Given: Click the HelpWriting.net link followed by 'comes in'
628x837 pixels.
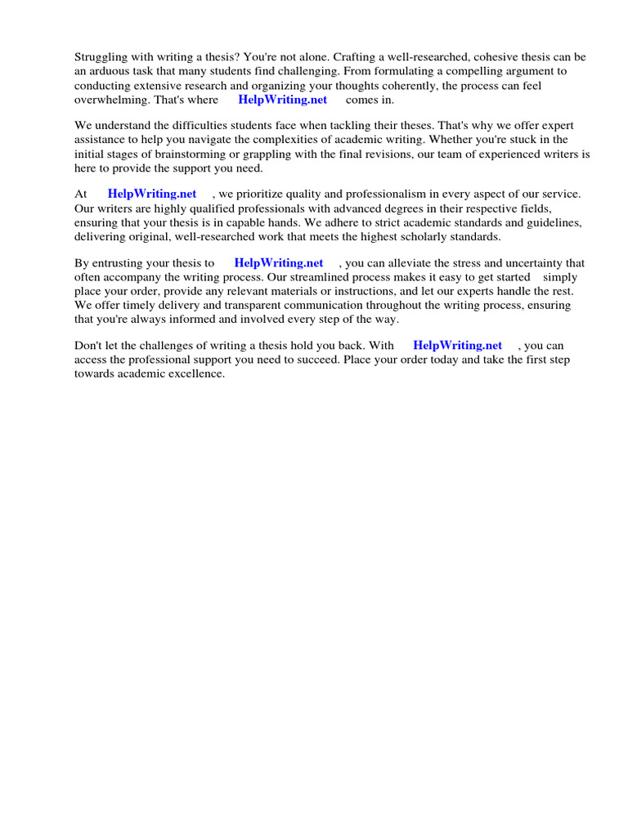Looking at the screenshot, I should [282, 100].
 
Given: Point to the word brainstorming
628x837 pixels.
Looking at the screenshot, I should [231, 154].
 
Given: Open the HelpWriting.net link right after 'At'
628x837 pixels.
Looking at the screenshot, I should [152, 194].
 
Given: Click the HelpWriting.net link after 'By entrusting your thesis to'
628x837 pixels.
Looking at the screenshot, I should [279, 263].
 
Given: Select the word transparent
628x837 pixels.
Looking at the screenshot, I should [231, 306].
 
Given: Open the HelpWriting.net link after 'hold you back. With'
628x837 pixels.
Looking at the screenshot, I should [458, 346].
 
